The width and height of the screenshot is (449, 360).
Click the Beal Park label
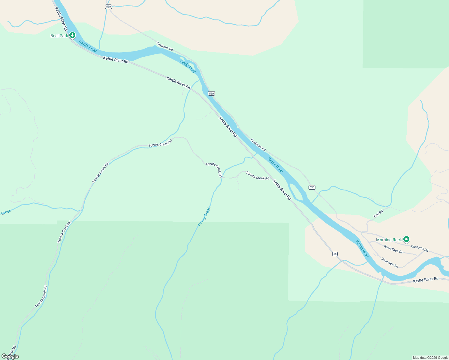coord(59,36)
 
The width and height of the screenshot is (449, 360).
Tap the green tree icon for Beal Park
coord(72,35)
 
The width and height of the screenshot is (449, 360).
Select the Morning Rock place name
coord(389,240)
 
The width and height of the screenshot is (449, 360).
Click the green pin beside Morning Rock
coord(406,239)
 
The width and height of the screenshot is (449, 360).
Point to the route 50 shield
coord(335,254)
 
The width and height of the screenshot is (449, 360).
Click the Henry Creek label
coord(204,216)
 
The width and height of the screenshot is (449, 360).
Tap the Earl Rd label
coord(378,214)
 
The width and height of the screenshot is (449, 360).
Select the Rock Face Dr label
coord(393,249)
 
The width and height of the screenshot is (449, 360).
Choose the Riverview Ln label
coord(390,262)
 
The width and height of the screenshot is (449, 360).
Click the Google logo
coord(10,356)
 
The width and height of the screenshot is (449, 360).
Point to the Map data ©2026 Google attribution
coord(430,358)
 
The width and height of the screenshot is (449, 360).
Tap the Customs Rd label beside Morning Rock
coord(420,248)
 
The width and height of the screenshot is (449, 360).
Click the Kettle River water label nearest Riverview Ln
coord(362,249)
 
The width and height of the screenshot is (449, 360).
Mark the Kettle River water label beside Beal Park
coord(88,46)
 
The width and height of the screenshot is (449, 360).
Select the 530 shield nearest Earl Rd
coord(312,187)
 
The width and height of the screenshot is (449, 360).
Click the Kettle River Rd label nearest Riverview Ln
coord(426,280)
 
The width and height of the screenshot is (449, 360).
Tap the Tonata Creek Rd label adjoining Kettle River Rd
coord(258,175)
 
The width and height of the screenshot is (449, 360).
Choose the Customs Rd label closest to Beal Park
coord(164,46)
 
